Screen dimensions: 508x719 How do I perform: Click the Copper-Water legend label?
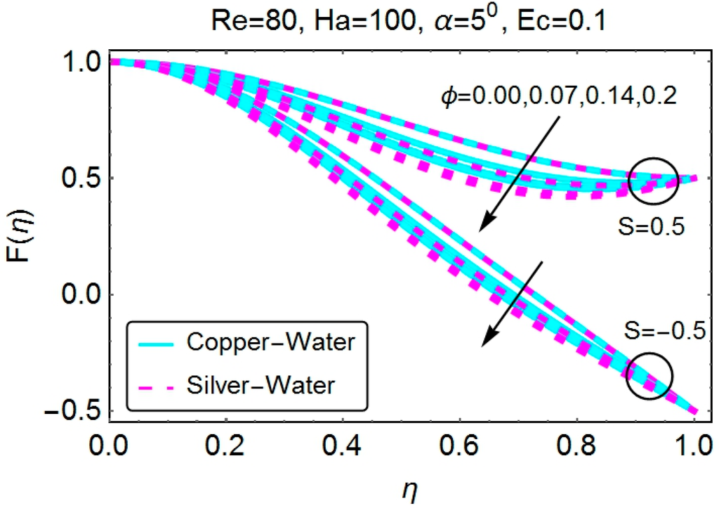270,344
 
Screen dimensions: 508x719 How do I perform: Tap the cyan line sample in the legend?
153,344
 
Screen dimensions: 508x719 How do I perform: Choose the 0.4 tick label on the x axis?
343,448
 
